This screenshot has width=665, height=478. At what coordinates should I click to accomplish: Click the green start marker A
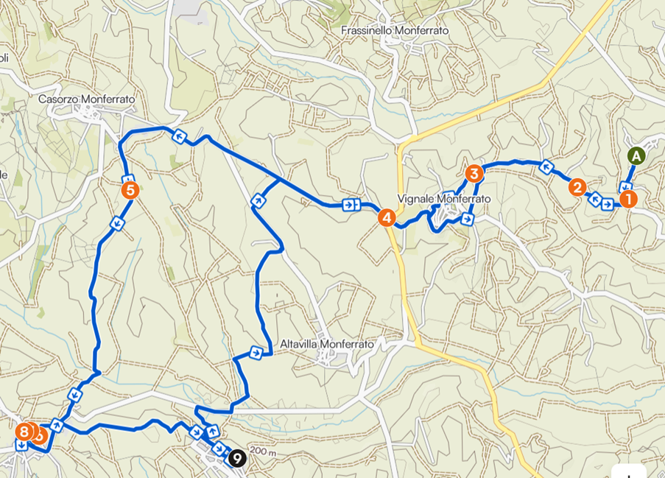point(636,155)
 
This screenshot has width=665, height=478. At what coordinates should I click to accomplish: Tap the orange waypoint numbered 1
point(627,198)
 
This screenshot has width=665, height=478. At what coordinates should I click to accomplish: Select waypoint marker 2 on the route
point(577,187)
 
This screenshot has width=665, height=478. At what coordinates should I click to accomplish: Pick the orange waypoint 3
point(474,174)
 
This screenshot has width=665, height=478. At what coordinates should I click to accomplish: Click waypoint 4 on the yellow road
point(387,217)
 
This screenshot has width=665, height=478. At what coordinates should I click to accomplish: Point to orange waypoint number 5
point(130,191)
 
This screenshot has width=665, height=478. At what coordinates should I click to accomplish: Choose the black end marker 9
point(236,458)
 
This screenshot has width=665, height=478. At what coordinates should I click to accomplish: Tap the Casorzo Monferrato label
point(87,98)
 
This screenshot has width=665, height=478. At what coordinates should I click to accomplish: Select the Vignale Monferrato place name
point(443,199)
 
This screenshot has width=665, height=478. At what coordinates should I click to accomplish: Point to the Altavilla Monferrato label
point(328,344)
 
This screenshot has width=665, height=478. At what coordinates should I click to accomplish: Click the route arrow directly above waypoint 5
point(127,179)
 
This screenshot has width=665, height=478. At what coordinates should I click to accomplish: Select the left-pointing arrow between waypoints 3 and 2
point(546,166)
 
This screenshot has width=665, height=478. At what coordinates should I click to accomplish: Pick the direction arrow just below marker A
point(624,187)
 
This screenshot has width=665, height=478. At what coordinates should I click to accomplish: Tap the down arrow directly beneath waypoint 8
point(21,446)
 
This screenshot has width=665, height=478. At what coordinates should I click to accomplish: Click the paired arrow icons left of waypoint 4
point(351,205)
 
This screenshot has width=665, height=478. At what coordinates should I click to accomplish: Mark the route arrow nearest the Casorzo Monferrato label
point(177,136)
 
